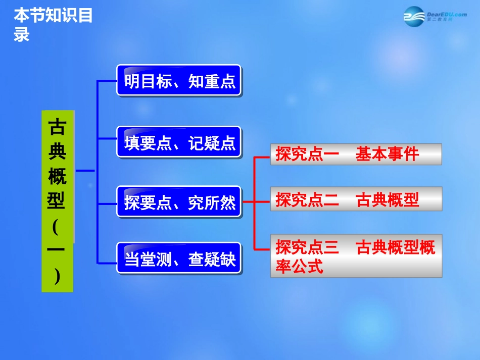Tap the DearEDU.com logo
(435, 17)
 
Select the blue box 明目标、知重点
(179, 81)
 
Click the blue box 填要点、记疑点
(179, 142)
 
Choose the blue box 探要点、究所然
(179, 202)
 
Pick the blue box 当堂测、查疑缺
(179, 259)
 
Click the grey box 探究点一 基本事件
(356, 155)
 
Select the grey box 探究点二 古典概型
(356, 199)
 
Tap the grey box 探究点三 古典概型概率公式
(356, 256)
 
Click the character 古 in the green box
(57, 128)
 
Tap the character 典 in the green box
(57, 152)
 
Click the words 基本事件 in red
(387, 155)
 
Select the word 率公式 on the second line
(299, 266)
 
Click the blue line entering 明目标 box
(107, 81)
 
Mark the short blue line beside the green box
(85, 171)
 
